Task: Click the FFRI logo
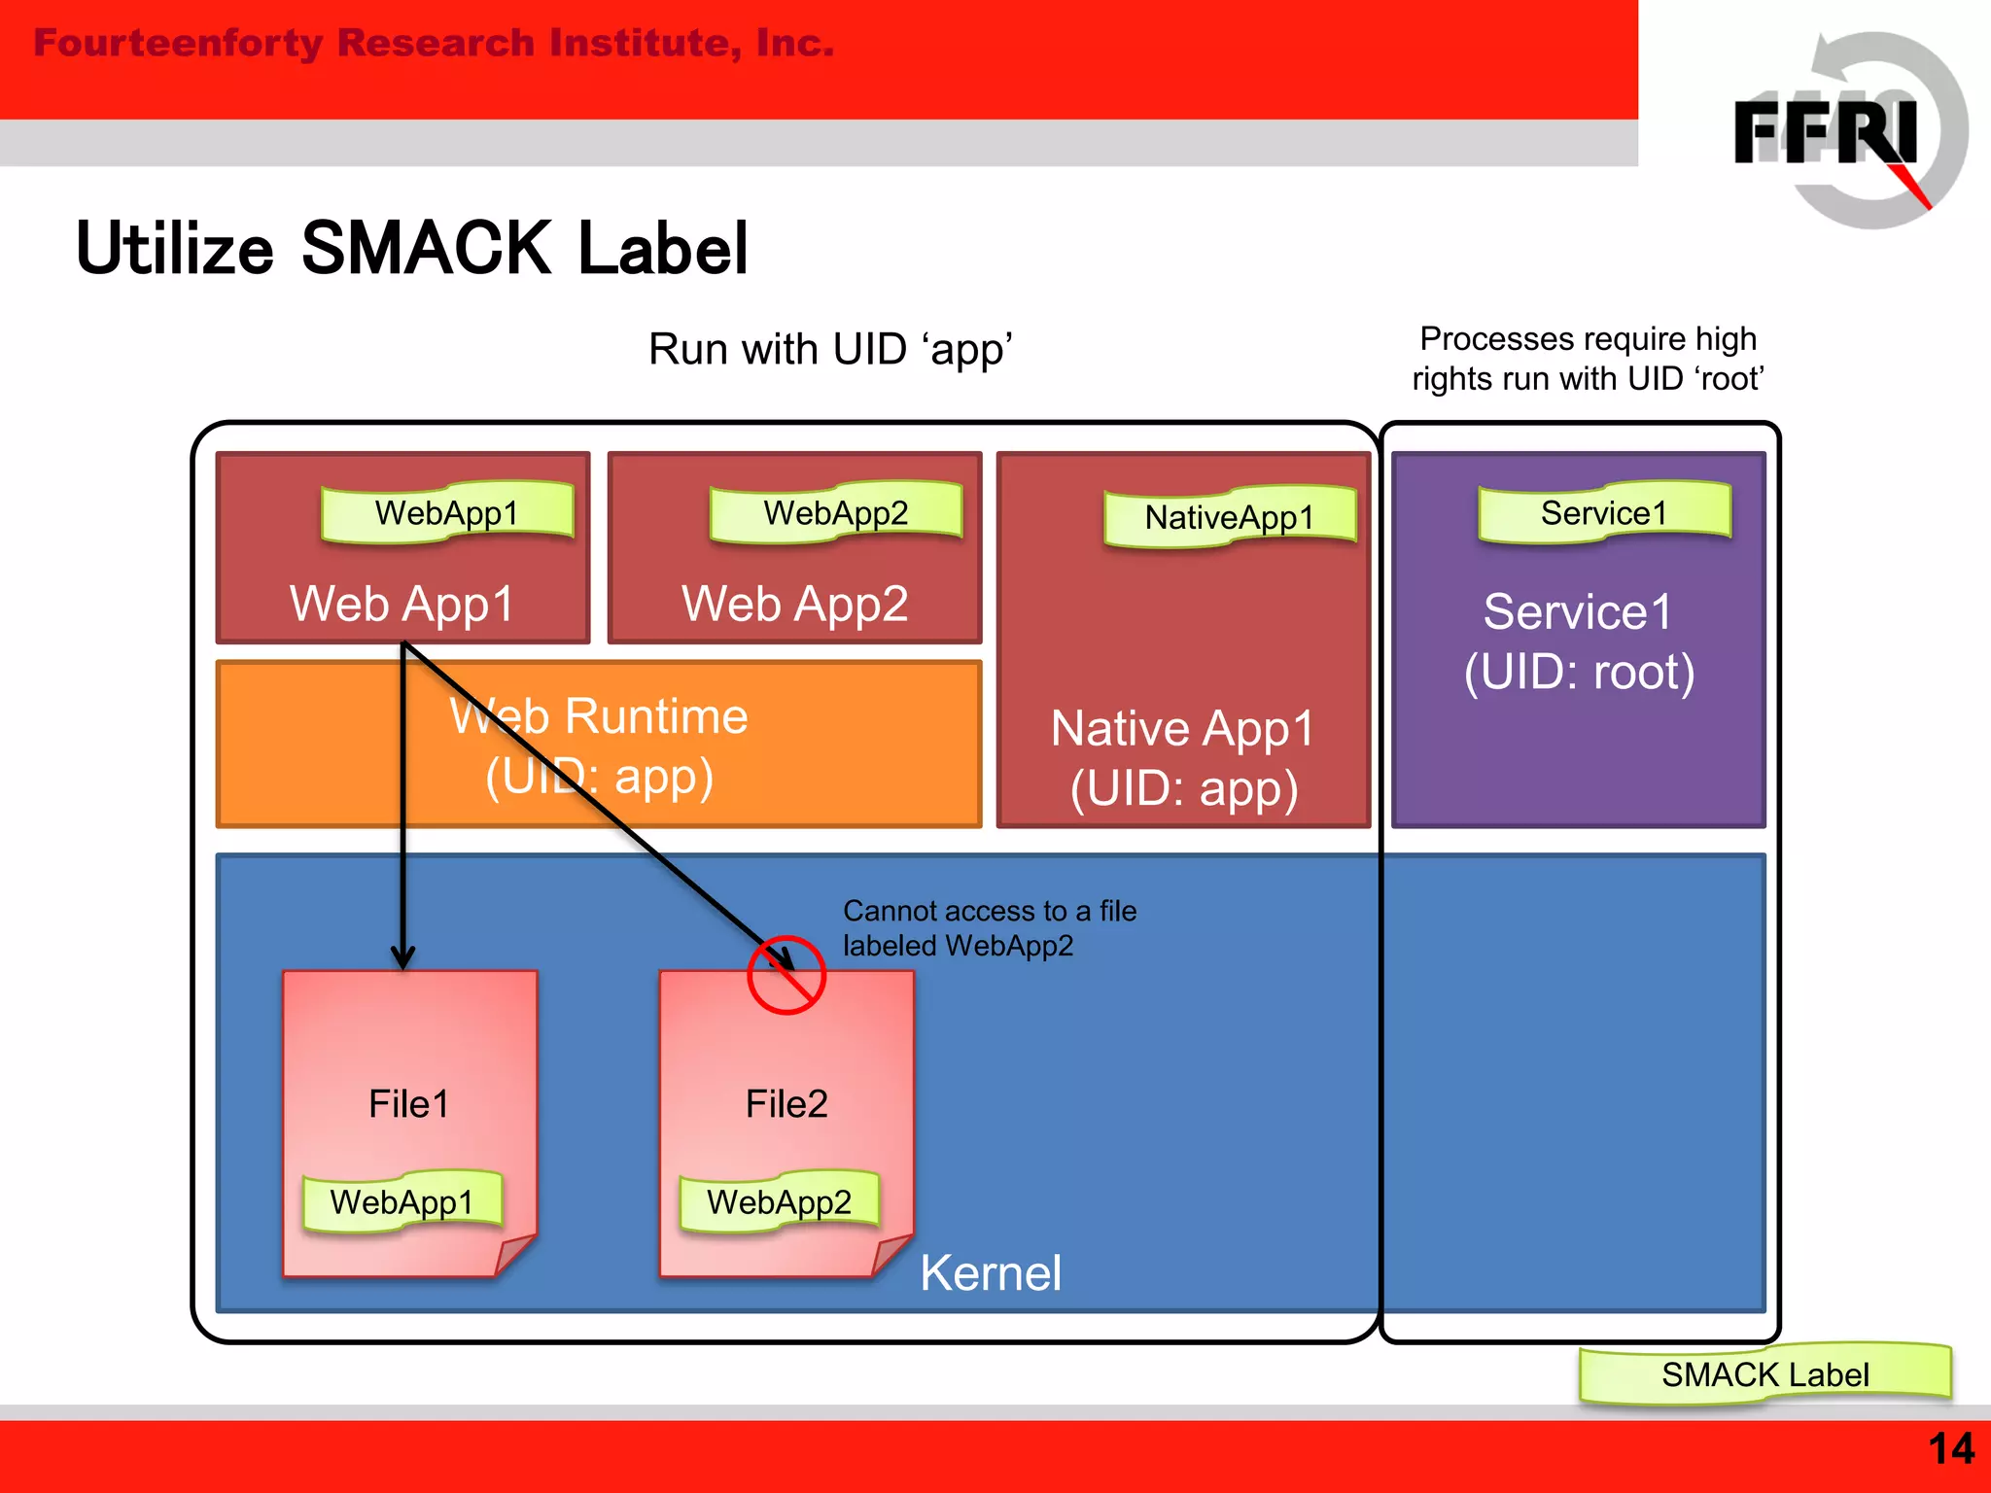tap(1837, 131)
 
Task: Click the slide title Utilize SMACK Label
tap(412, 249)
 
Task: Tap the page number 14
tap(1950, 1448)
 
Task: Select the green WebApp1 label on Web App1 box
tap(447, 512)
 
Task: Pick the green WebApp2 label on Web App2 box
tap(836, 512)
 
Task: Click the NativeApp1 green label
tap(1230, 517)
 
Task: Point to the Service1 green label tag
tap(1604, 512)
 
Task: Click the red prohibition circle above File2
tap(786, 975)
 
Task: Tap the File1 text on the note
tap(408, 1104)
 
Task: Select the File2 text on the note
tap(786, 1104)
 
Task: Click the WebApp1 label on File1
tap(402, 1202)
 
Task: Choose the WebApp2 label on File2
tap(779, 1202)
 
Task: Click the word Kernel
tap(990, 1273)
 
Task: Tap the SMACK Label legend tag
tap(1764, 1374)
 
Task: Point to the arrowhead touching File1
tap(402, 957)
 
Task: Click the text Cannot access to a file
tap(989, 911)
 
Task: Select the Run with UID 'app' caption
tap(830, 349)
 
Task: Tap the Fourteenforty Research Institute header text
tap(434, 44)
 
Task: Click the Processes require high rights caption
tap(1588, 358)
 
